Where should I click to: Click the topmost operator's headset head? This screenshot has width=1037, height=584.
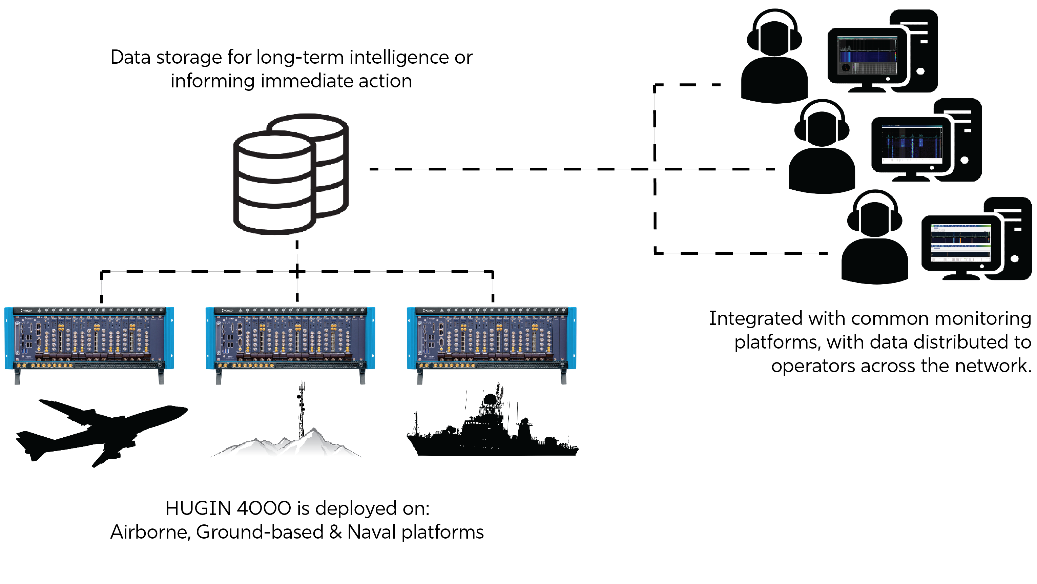click(774, 34)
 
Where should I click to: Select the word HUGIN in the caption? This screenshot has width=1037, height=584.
click(198, 508)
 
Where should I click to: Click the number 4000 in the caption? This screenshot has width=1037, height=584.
click(264, 508)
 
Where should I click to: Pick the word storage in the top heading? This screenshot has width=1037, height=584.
click(189, 58)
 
